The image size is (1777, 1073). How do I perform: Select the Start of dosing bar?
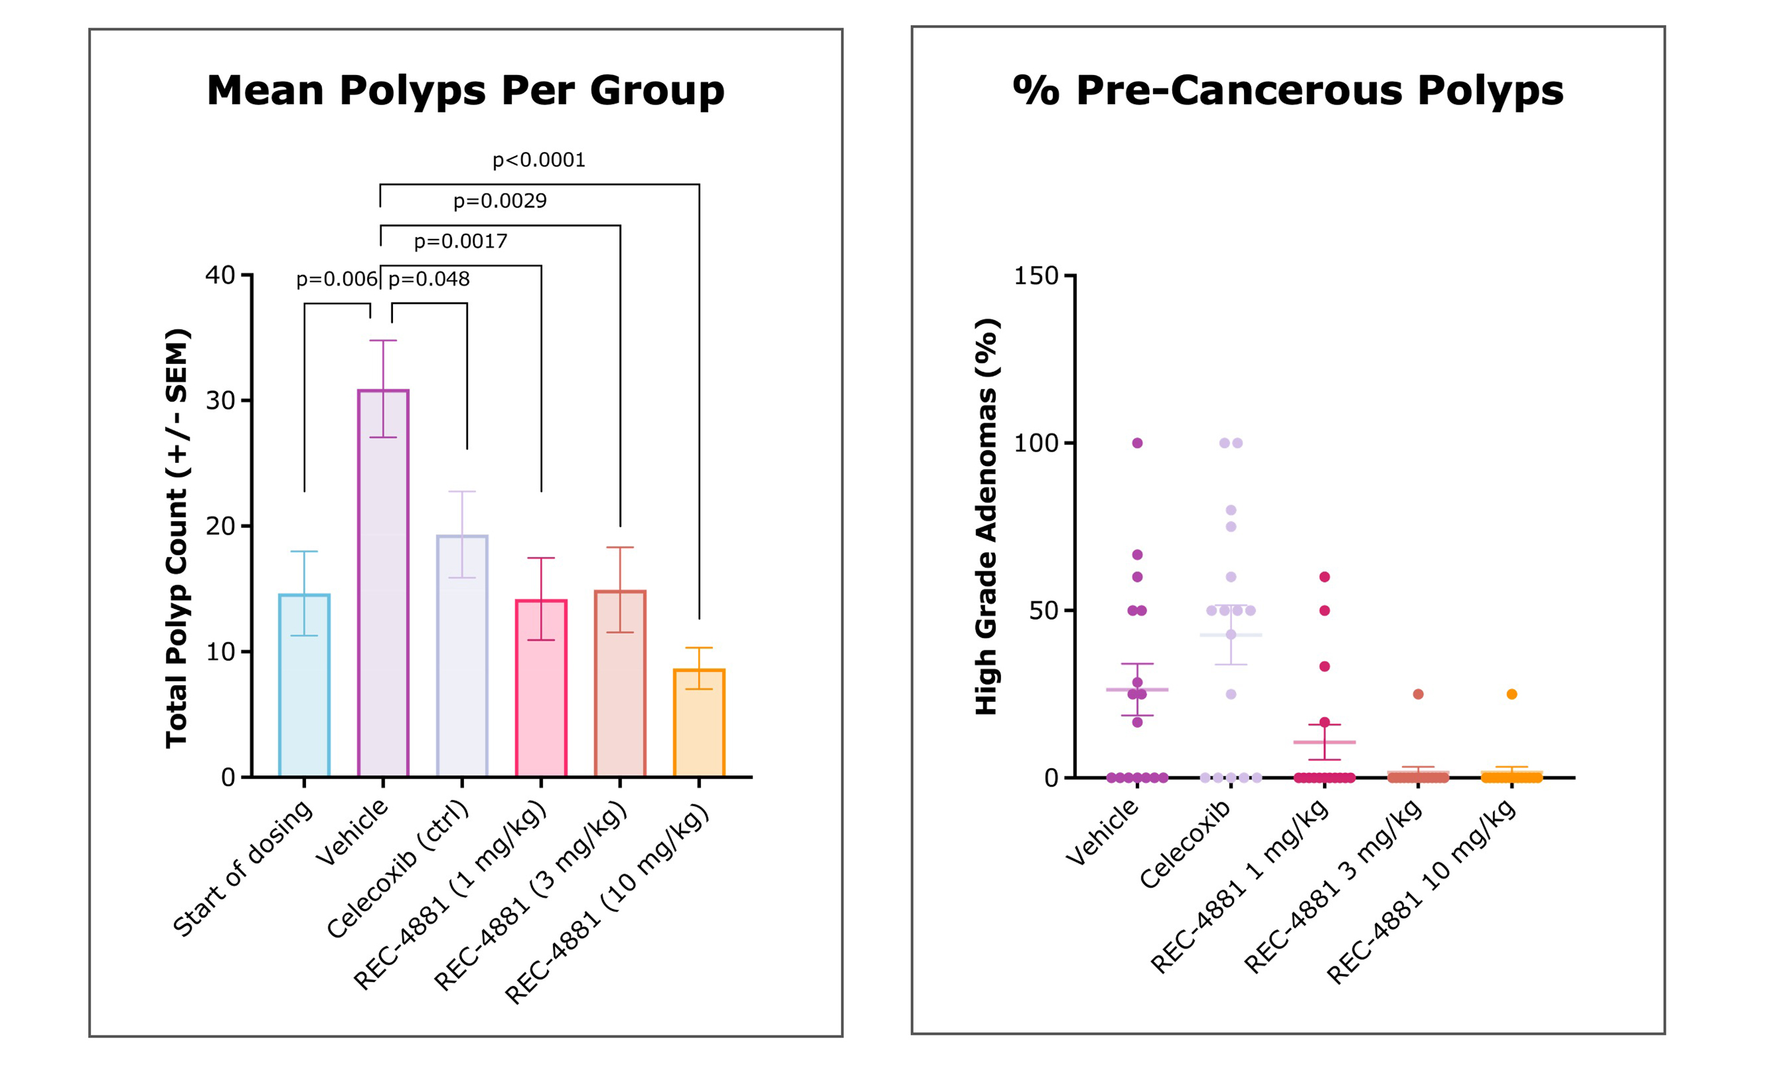(303, 685)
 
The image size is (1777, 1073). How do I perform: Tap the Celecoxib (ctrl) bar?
(461, 656)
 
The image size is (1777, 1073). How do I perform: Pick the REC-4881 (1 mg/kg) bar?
(541, 688)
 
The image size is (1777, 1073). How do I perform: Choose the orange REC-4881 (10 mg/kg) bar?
(698, 723)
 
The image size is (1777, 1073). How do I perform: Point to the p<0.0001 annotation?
(539, 160)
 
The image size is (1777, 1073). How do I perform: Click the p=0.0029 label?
(500, 201)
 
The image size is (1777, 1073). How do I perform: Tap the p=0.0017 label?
(460, 241)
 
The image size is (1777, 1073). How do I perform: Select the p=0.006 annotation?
(336, 279)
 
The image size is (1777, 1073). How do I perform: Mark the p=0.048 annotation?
(429, 279)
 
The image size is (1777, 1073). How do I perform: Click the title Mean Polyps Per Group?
(465, 91)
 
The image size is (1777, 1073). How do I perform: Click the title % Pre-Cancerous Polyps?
(1288, 91)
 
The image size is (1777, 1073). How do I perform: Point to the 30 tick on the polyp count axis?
(220, 401)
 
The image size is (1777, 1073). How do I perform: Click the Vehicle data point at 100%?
(1137, 443)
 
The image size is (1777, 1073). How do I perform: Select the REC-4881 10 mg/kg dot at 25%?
(1512, 694)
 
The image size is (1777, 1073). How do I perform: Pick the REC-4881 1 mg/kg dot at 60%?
(1325, 577)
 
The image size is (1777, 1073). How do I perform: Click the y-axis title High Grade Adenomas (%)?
(986, 516)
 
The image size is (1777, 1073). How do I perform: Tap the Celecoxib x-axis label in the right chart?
(1187, 844)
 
